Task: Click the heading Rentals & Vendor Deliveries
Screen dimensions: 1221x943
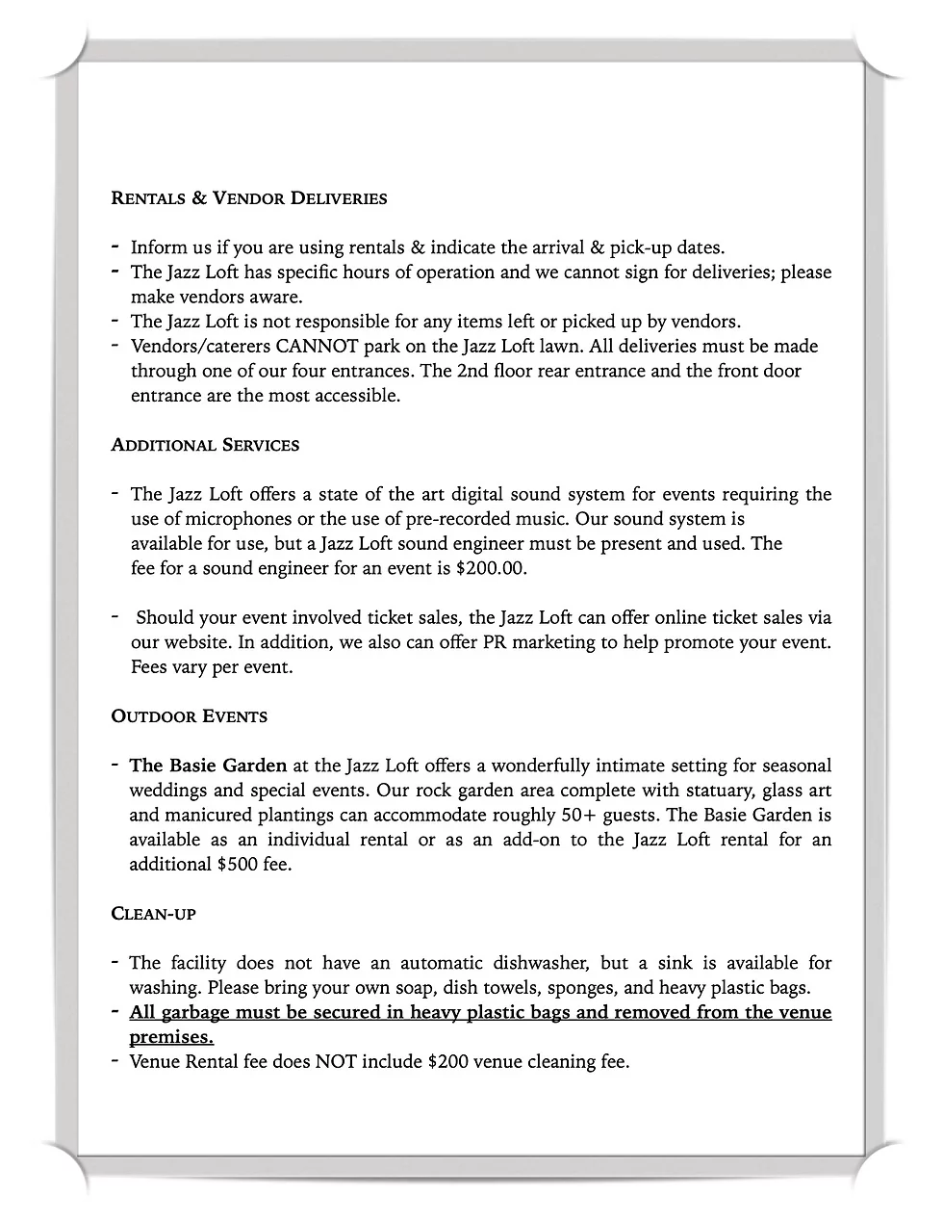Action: (x=249, y=198)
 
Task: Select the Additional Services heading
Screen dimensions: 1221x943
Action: (x=205, y=445)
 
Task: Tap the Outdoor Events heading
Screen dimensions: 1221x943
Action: (x=190, y=716)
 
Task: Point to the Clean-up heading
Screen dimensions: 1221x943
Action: (x=154, y=913)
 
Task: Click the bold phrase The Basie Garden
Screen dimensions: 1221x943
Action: (x=208, y=766)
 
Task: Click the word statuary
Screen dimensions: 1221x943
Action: (x=714, y=792)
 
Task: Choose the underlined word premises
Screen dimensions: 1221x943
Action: (x=171, y=1037)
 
